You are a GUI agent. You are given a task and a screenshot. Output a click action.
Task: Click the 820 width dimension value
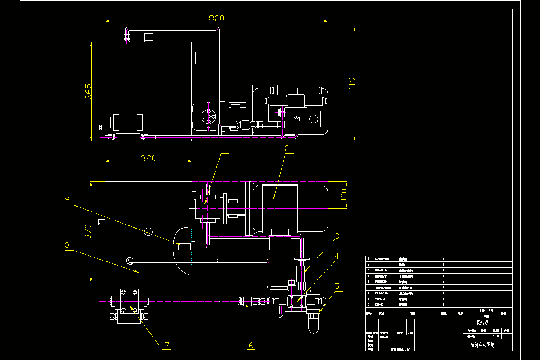(x=216, y=18)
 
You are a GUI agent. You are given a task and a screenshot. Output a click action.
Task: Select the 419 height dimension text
(x=352, y=84)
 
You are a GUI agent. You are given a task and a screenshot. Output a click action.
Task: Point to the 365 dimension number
(x=89, y=91)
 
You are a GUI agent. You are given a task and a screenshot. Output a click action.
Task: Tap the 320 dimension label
(x=148, y=158)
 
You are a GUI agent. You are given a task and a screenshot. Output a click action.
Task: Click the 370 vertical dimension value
(x=89, y=231)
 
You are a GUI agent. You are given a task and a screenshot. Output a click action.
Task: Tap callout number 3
(x=336, y=236)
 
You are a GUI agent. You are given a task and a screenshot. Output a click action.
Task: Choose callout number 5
(x=336, y=285)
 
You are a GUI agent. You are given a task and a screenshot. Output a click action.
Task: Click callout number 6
(x=251, y=346)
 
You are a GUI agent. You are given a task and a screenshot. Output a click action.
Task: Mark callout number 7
(x=166, y=346)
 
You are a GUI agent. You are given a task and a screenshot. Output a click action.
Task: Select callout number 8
(x=67, y=245)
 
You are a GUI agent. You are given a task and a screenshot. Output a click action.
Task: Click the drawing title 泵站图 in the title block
(x=484, y=323)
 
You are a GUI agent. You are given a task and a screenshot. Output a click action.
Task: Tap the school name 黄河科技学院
(x=482, y=345)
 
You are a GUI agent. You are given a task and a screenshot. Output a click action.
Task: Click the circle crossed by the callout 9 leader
(x=148, y=231)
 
